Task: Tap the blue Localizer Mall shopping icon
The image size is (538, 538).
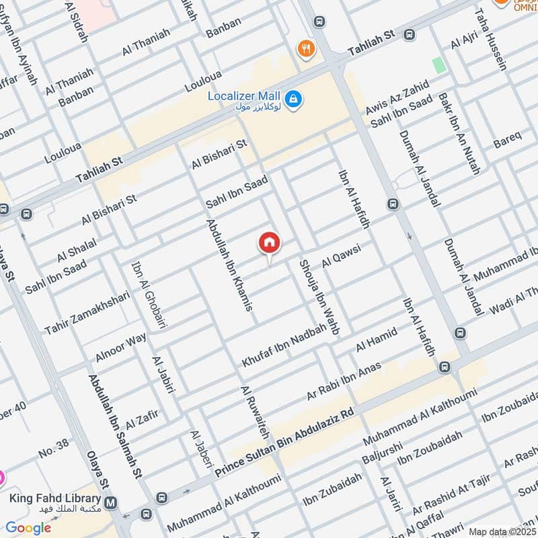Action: click(x=293, y=100)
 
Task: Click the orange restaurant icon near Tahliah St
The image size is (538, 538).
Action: click(x=306, y=48)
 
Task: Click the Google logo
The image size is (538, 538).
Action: click(x=28, y=528)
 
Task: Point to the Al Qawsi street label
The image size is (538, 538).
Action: click(x=342, y=257)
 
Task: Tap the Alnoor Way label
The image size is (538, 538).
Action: click(x=121, y=346)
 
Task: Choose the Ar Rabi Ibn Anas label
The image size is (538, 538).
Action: click(x=344, y=381)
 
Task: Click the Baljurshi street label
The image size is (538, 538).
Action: click(x=381, y=452)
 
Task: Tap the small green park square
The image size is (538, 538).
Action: click(x=439, y=65)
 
